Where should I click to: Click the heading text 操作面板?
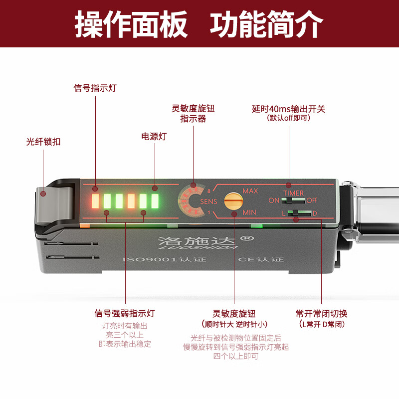131,23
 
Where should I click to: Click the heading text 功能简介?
266,23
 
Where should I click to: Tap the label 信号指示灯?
95,88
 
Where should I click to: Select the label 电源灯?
154,136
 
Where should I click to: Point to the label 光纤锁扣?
43,142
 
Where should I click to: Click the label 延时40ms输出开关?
288,109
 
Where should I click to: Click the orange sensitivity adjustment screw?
232,201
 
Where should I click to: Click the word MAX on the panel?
250,191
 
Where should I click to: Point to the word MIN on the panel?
249,212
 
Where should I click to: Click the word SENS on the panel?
208,201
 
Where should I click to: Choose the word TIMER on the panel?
293,193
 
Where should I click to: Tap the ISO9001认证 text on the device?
165,260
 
